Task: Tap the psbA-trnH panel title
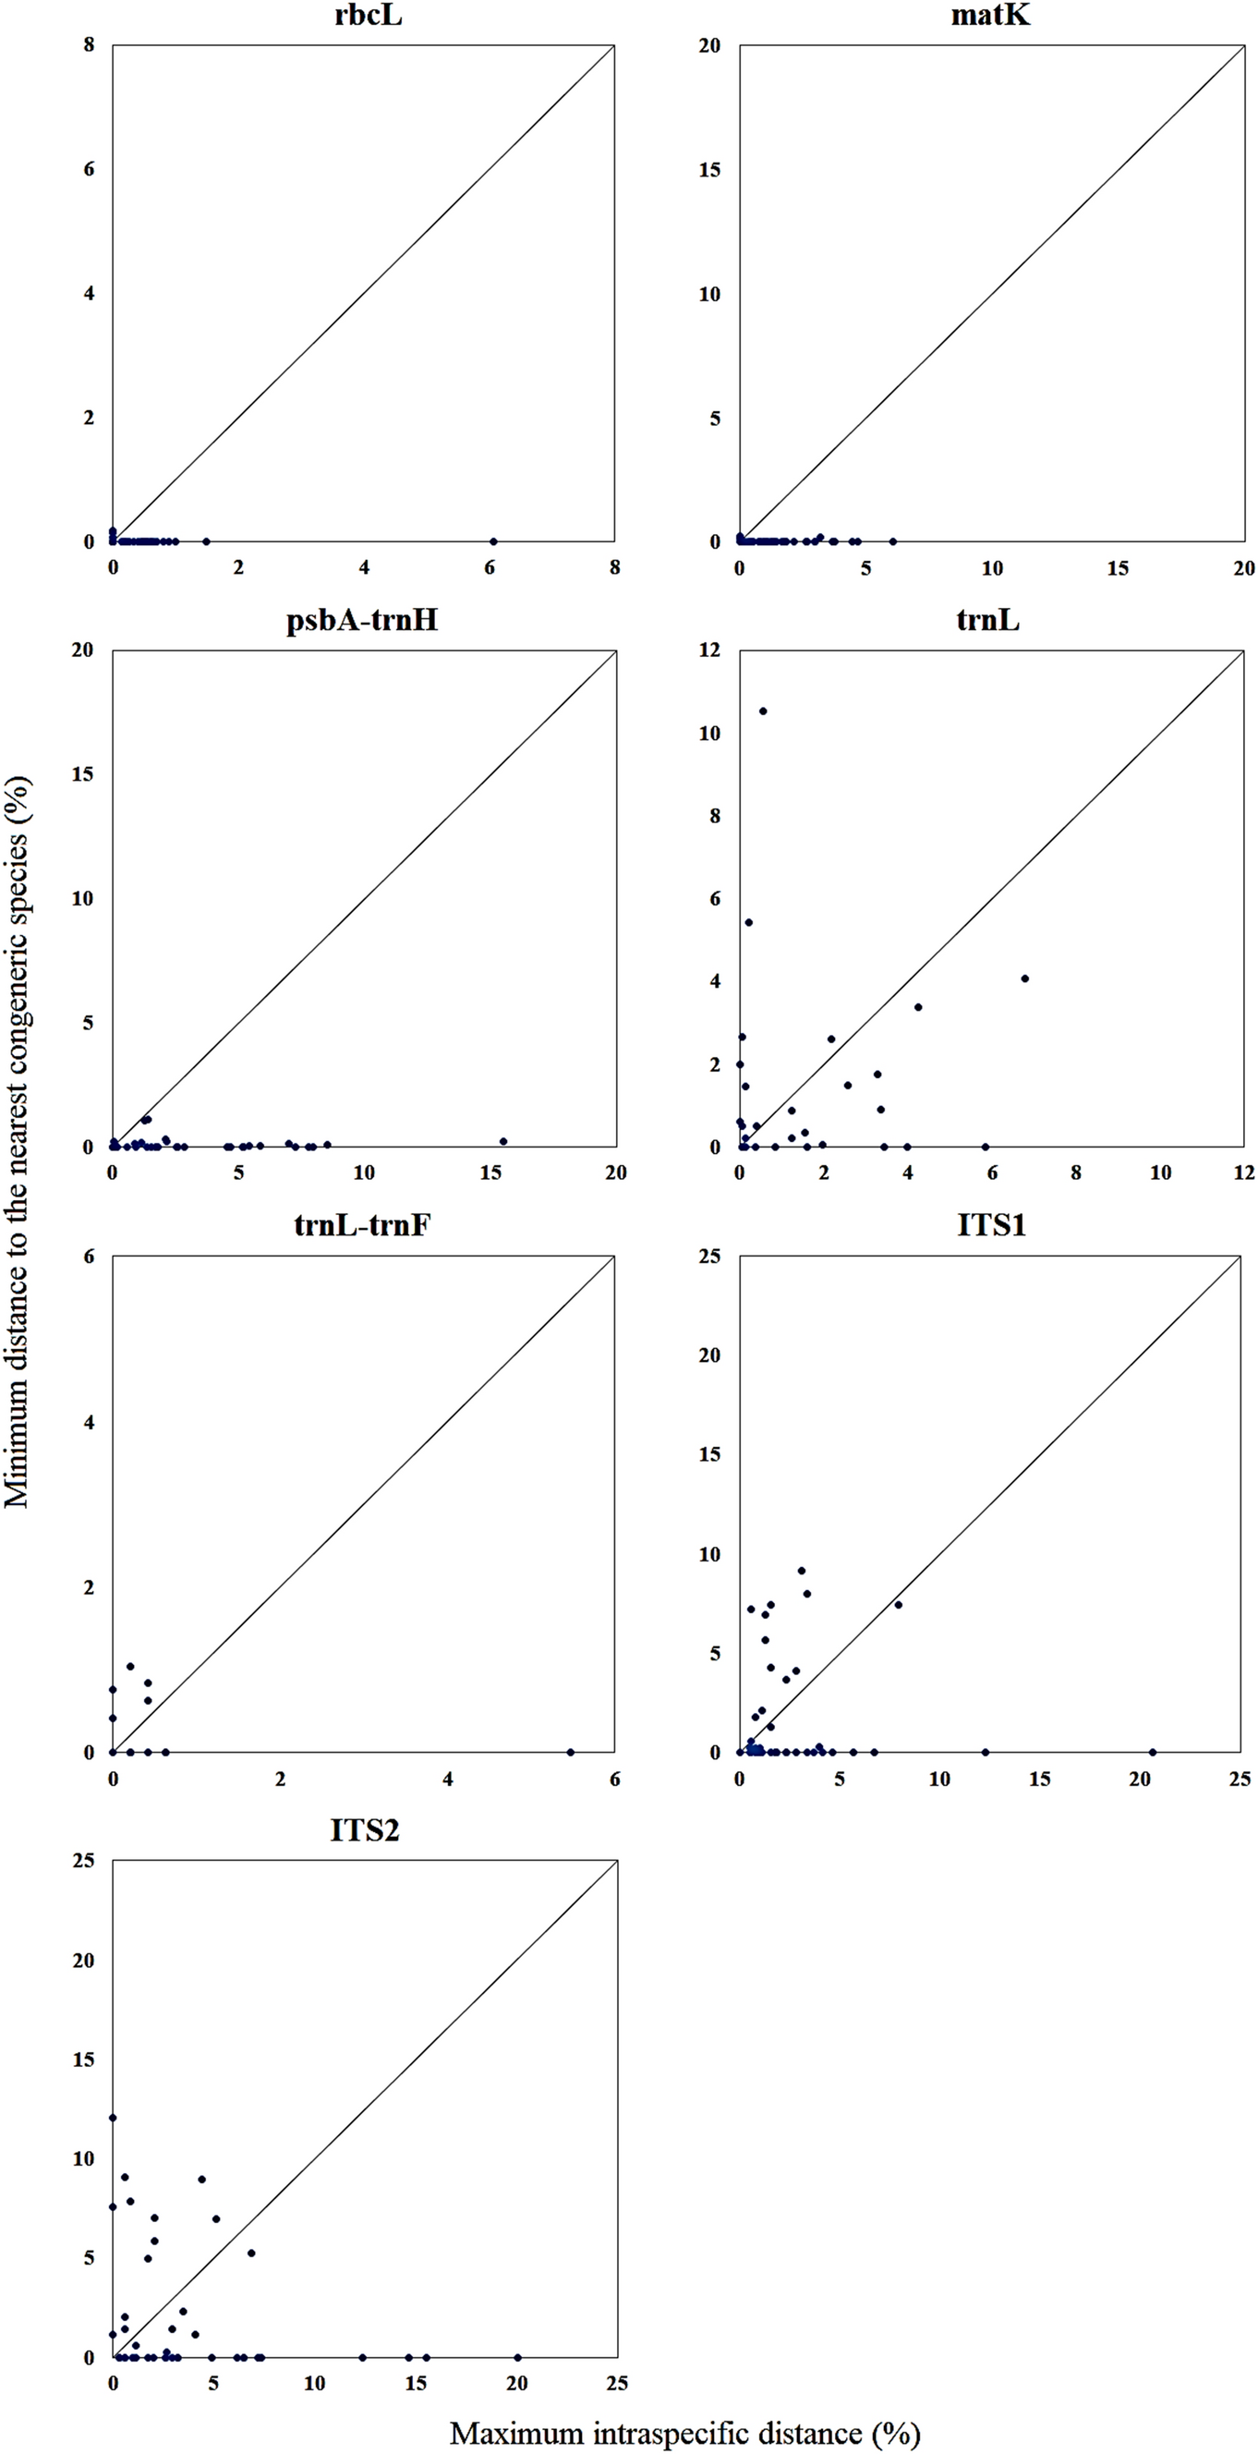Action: pos(362,620)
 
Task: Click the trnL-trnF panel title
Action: pos(362,1224)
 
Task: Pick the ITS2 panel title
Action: pos(365,1830)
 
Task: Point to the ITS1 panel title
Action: pos(991,1224)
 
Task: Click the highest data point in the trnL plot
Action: pos(763,711)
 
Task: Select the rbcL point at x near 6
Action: pos(493,542)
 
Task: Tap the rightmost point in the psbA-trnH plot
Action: pos(503,1141)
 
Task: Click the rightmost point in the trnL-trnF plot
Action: pos(571,1752)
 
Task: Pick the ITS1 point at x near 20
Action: pos(1153,1752)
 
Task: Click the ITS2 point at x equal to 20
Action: pos(517,2358)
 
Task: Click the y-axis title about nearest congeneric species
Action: pos(18,1143)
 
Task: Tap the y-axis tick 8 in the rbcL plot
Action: pos(90,45)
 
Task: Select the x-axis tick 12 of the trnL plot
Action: pos(1244,1172)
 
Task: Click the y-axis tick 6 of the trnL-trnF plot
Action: pos(90,1257)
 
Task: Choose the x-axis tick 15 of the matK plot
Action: pos(1117,569)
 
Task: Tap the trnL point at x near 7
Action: pos(1024,978)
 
